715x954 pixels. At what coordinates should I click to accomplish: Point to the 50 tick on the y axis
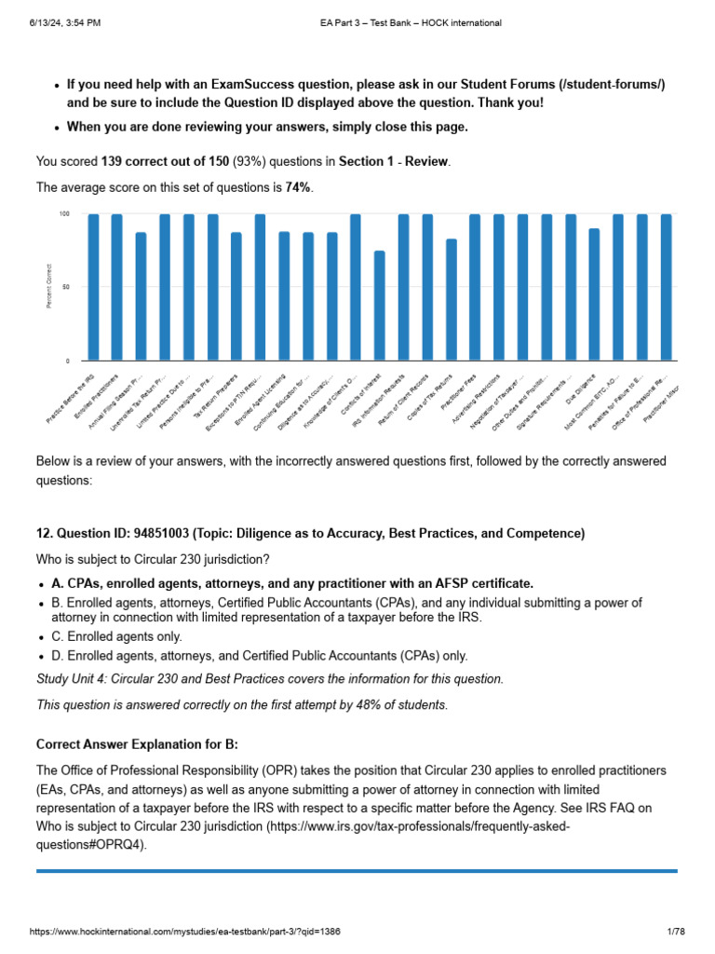coord(65,287)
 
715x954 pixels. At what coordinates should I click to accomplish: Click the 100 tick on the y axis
coord(64,214)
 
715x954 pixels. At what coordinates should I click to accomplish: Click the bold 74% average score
coord(299,187)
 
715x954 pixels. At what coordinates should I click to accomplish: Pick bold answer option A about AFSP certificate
coord(292,583)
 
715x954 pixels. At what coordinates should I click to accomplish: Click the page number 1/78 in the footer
coord(675,932)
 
